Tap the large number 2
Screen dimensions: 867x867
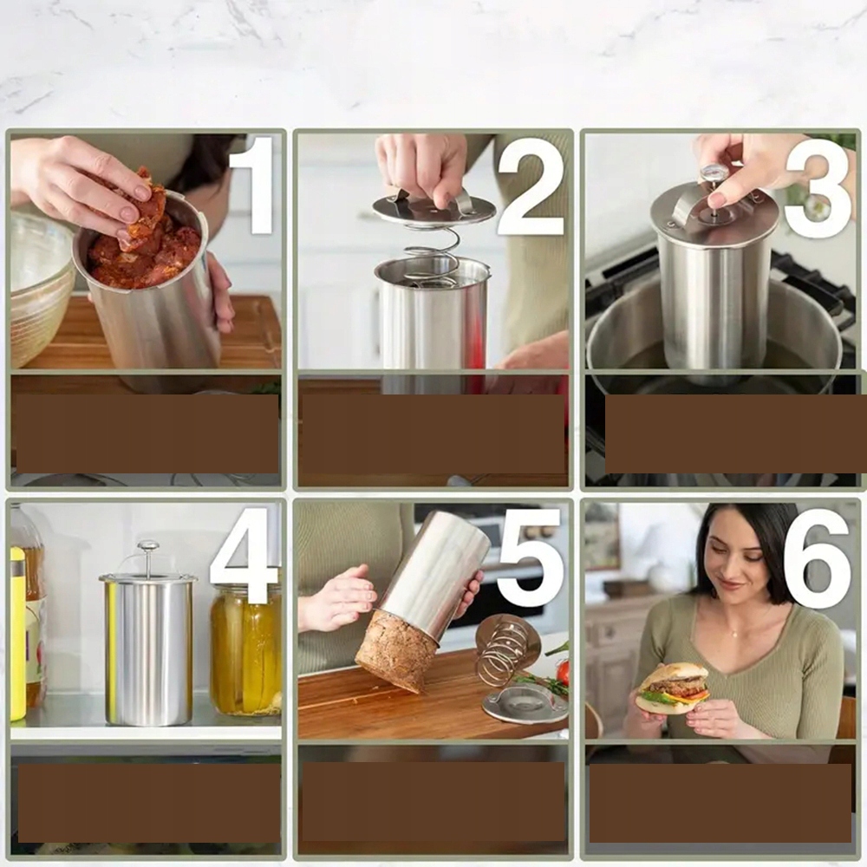[531, 187]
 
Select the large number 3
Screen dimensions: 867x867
[818, 188]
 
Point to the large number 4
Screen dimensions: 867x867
[244, 555]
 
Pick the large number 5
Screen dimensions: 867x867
[530, 557]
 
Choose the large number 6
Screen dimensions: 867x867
[818, 557]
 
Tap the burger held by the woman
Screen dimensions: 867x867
[673, 688]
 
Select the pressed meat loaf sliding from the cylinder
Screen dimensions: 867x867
[397, 649]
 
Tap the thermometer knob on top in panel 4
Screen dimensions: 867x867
[148, 546]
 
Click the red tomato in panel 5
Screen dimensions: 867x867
[563, 673]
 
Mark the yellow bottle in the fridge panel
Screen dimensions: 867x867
[17, 634]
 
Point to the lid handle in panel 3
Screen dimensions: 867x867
[686, 207]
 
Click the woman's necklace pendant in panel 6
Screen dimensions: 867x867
[734, 633]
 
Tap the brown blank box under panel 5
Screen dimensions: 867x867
[433, 802]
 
